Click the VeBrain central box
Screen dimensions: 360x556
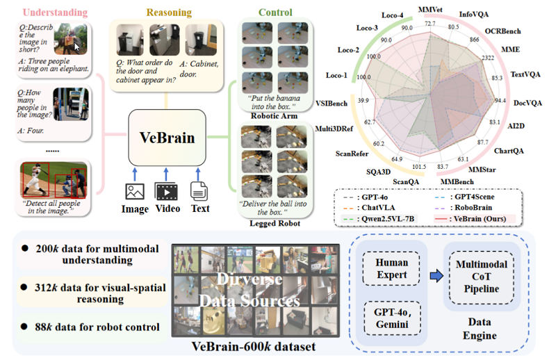pos(170,137)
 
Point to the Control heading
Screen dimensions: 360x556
pos(275,12)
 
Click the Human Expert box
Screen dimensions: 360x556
pos(392,268)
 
